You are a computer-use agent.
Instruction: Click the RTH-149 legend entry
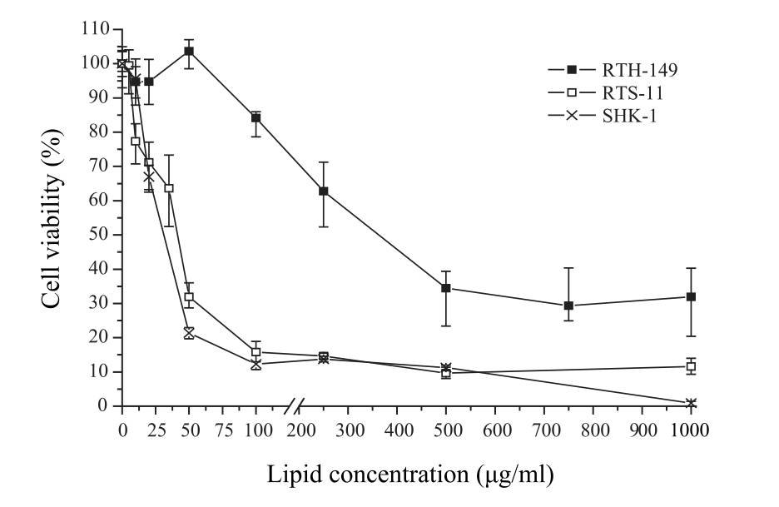[613, 70]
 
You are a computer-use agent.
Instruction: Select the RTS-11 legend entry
[606, 93]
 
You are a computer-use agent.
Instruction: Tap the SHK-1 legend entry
[603, 116]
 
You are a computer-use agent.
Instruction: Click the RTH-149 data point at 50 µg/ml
[189, 51]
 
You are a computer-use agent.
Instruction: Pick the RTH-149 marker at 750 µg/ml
[568, 306]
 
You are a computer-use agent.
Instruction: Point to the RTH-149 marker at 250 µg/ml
[324, 191]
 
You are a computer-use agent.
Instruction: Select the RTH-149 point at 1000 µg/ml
[691, 296]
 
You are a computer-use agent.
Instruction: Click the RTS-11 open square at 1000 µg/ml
[691, 367]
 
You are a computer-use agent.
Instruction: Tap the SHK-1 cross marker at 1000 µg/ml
[691, 403]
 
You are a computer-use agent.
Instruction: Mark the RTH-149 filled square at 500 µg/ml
[445, 288]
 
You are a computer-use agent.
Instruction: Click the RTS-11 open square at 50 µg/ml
[189, 297]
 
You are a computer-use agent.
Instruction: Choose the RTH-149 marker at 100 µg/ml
[256, 118]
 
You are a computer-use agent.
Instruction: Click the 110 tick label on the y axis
[96, 29]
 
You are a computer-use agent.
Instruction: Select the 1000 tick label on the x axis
[690, 430]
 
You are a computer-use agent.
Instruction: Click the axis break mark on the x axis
[294, 405]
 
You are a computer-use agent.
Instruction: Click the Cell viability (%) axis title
[52, 218]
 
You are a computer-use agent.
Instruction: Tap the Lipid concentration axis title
[410, 475]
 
